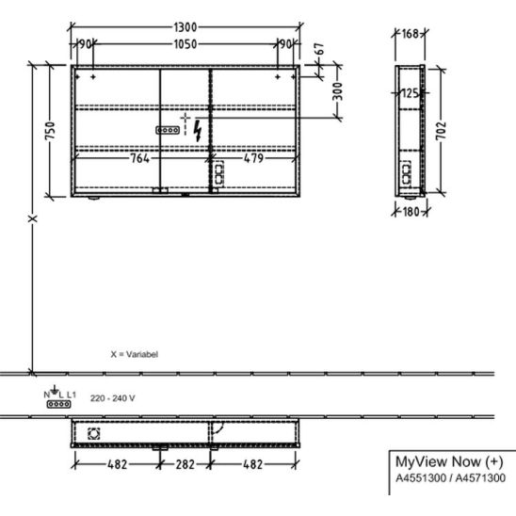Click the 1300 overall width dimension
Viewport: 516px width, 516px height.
185,27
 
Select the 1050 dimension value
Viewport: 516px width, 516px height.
185,44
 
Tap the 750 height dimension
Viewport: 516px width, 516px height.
50,131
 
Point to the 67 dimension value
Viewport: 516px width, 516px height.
320,49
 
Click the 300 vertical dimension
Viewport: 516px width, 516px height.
338,91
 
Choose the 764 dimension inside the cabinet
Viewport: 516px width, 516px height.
140,158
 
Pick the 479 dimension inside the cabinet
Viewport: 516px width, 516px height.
253,158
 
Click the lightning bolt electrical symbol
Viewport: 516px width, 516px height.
198,131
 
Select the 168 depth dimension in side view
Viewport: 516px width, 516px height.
410,34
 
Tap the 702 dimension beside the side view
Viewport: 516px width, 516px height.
442,131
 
